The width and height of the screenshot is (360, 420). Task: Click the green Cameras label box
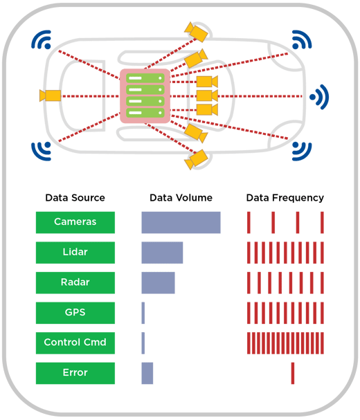[x=75, y=222]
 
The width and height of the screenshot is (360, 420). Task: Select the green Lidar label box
[x=75, y=253]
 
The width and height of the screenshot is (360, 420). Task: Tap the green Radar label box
[x=75, y=283]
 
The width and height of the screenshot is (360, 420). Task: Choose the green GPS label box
[x=75, y=313]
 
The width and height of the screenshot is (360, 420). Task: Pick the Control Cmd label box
[x=75, y=343]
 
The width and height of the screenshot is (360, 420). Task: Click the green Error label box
[x=75, y=373]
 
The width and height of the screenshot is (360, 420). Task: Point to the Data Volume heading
[x=181, y=198]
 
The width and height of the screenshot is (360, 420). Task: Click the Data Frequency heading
[x=285, y=198]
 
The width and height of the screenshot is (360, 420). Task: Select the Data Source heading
[x=75, y=198]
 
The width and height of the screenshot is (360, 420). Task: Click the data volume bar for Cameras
[x=181, y=222]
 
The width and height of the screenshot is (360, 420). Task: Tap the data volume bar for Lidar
[x=162, y=253]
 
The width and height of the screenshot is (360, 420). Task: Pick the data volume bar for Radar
[x=158, y=283]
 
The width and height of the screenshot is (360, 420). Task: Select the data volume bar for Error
[x=147, y=373]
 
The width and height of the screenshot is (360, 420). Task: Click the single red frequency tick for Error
[x=293, y=373]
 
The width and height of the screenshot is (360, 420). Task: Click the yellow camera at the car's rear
[x=50, y=95]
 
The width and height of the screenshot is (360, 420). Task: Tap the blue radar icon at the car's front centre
[x=320, y=97]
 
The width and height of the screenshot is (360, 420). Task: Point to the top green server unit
[x=145, y=78]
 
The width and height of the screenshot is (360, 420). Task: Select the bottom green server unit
[x=145, y=113]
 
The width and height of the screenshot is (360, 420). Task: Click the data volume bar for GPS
[x=143, y=313]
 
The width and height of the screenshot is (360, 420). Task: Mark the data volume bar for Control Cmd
[x=143, y=343]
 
